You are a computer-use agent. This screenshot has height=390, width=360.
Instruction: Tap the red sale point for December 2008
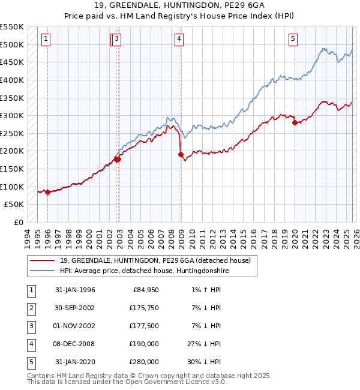pos(181,154)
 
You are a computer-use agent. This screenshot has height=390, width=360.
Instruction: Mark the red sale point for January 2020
pos(295,122)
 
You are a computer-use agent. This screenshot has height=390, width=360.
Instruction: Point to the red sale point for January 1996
pos(47,192)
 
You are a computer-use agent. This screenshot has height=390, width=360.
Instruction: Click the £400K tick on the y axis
pos(12,80)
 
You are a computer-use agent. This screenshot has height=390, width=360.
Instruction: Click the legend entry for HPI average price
pos(145,271)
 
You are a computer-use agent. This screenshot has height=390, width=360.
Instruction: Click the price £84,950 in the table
pos(145,290)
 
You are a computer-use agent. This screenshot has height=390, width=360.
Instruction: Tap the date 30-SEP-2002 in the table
pos(75,308)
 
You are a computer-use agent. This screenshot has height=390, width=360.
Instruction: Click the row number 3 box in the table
pos(30,326)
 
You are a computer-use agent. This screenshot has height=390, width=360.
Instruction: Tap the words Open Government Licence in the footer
pos(177,381)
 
